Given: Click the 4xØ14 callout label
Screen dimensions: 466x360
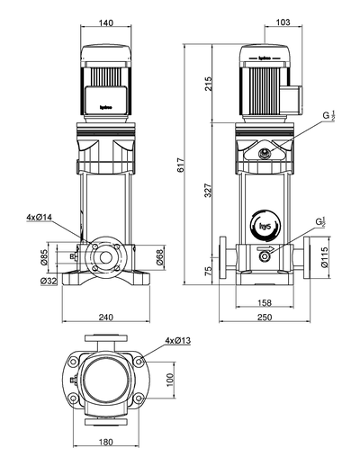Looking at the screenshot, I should [40, 218].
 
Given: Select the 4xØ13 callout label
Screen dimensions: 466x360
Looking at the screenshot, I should [178, 340].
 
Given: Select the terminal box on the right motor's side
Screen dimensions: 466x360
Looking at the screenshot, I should [292, 94].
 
